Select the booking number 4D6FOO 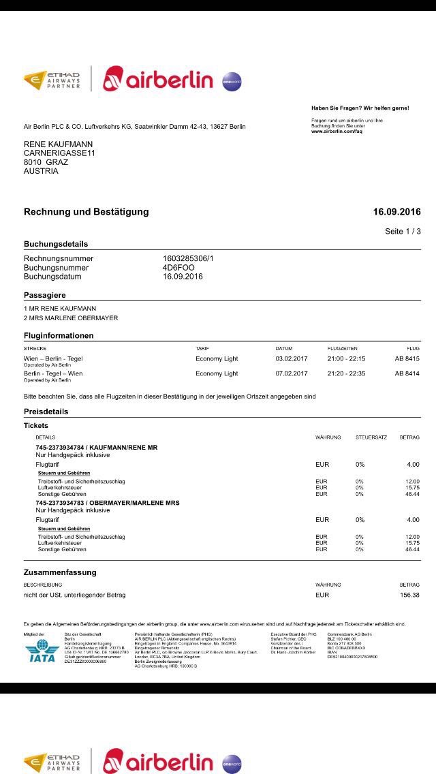178,268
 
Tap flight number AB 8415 407,358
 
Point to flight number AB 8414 407,373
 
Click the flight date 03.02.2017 292,358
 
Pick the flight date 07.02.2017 292,373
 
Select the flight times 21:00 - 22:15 346,358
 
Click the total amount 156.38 409,595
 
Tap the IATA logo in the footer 41,654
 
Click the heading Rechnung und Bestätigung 87,212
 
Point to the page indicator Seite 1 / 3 403,232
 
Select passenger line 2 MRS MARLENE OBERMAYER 71,318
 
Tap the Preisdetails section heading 46,412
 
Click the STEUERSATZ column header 371,437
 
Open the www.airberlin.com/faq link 337,131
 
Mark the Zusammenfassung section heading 60,572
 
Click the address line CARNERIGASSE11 59,153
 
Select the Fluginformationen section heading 59,336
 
